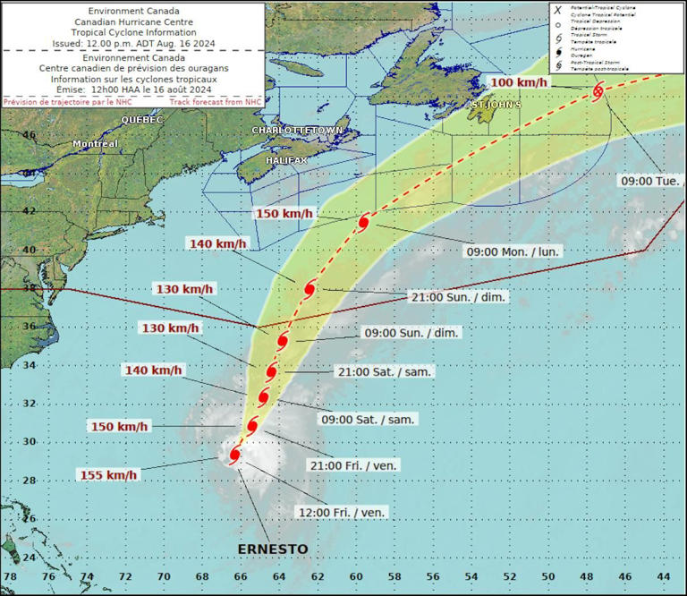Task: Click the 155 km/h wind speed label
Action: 109,475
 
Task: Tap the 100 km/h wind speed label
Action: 519,83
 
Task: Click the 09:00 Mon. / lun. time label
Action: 513,252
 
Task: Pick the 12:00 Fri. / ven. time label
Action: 341,512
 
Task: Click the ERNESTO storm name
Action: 273,549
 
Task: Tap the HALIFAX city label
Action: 286,159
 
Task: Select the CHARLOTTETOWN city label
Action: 297,131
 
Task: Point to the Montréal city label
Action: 96,144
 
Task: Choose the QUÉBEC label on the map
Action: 141,119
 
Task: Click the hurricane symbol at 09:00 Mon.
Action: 364,222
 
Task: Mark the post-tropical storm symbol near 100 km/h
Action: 598,90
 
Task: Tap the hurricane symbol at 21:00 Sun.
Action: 310,289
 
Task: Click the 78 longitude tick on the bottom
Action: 10,577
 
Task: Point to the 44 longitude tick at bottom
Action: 663,577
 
